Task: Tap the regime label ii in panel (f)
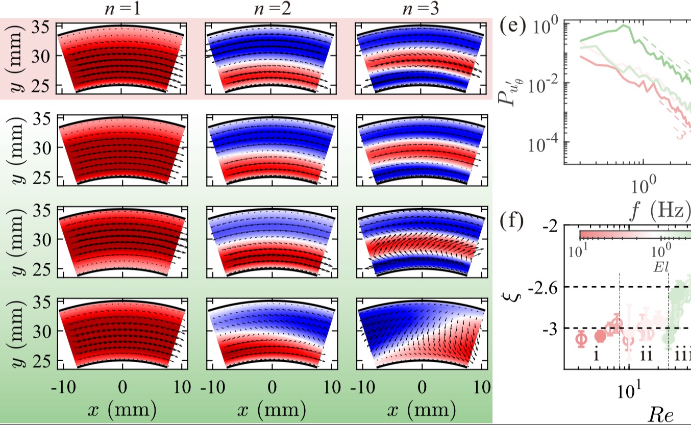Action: pyautogui.click(x=647, y=355)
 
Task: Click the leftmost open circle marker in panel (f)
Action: pyautogui.click(x=581, y=338)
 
